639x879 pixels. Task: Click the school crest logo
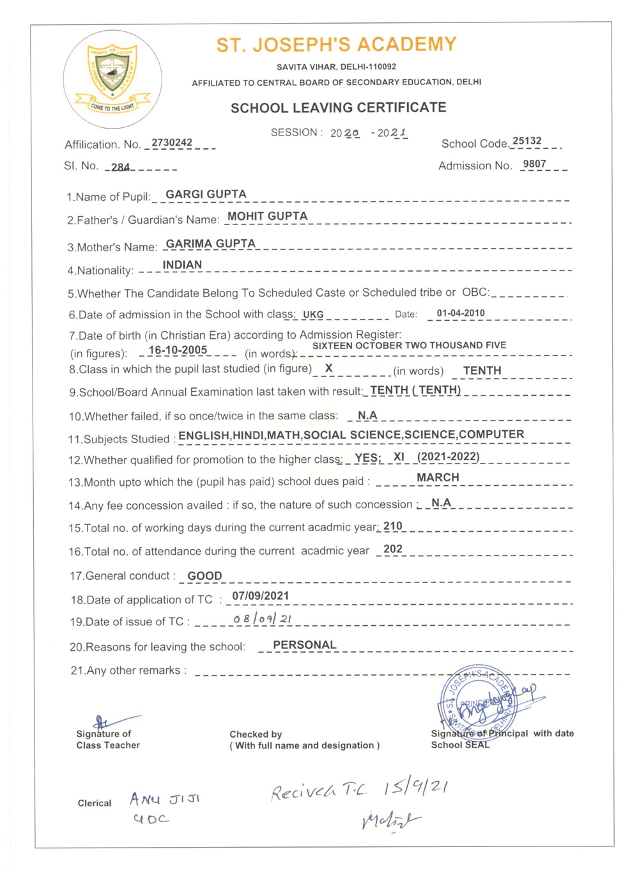tap(112, 79)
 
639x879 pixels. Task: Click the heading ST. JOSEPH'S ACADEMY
tap(336, 45)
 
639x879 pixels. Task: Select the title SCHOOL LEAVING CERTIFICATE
tap(338, 107)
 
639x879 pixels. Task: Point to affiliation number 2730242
tap(172, 143)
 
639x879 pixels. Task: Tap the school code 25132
tap(527, 141)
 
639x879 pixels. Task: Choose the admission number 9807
tap(534, 164)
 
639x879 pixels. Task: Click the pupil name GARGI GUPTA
tap(206, 194)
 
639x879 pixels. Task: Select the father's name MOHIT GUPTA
tap(267, 216)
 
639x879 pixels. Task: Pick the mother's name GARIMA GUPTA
tap(210, 244)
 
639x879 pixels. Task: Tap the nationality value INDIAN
tap(182, 265)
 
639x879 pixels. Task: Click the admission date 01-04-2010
tap(461, 313)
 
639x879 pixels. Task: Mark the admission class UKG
tap(313, 315)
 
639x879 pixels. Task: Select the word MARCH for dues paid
tap(438, 478)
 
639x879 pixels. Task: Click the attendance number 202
tap(393, 549)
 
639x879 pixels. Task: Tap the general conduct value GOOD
tap(204, 576)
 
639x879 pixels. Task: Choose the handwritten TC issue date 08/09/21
tap(263, 619)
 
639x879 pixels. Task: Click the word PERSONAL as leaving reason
tap(304, 645)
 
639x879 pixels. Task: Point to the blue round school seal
tap(477, 700)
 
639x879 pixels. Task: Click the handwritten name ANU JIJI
tap(165, 799)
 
